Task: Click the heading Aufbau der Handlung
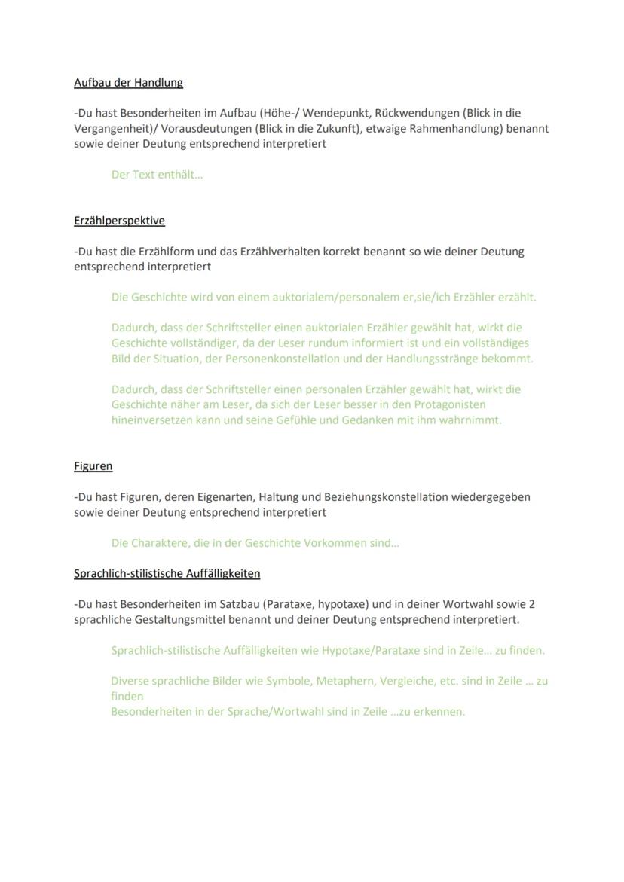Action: [x=128, y=82]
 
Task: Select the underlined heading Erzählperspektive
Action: [x=119, y=221]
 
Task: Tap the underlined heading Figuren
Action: [x=93, y=466]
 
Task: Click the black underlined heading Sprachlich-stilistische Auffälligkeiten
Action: [x=167, y=573]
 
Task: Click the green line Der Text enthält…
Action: [x=157, y=175]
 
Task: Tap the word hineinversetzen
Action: [x=151, y=420]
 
